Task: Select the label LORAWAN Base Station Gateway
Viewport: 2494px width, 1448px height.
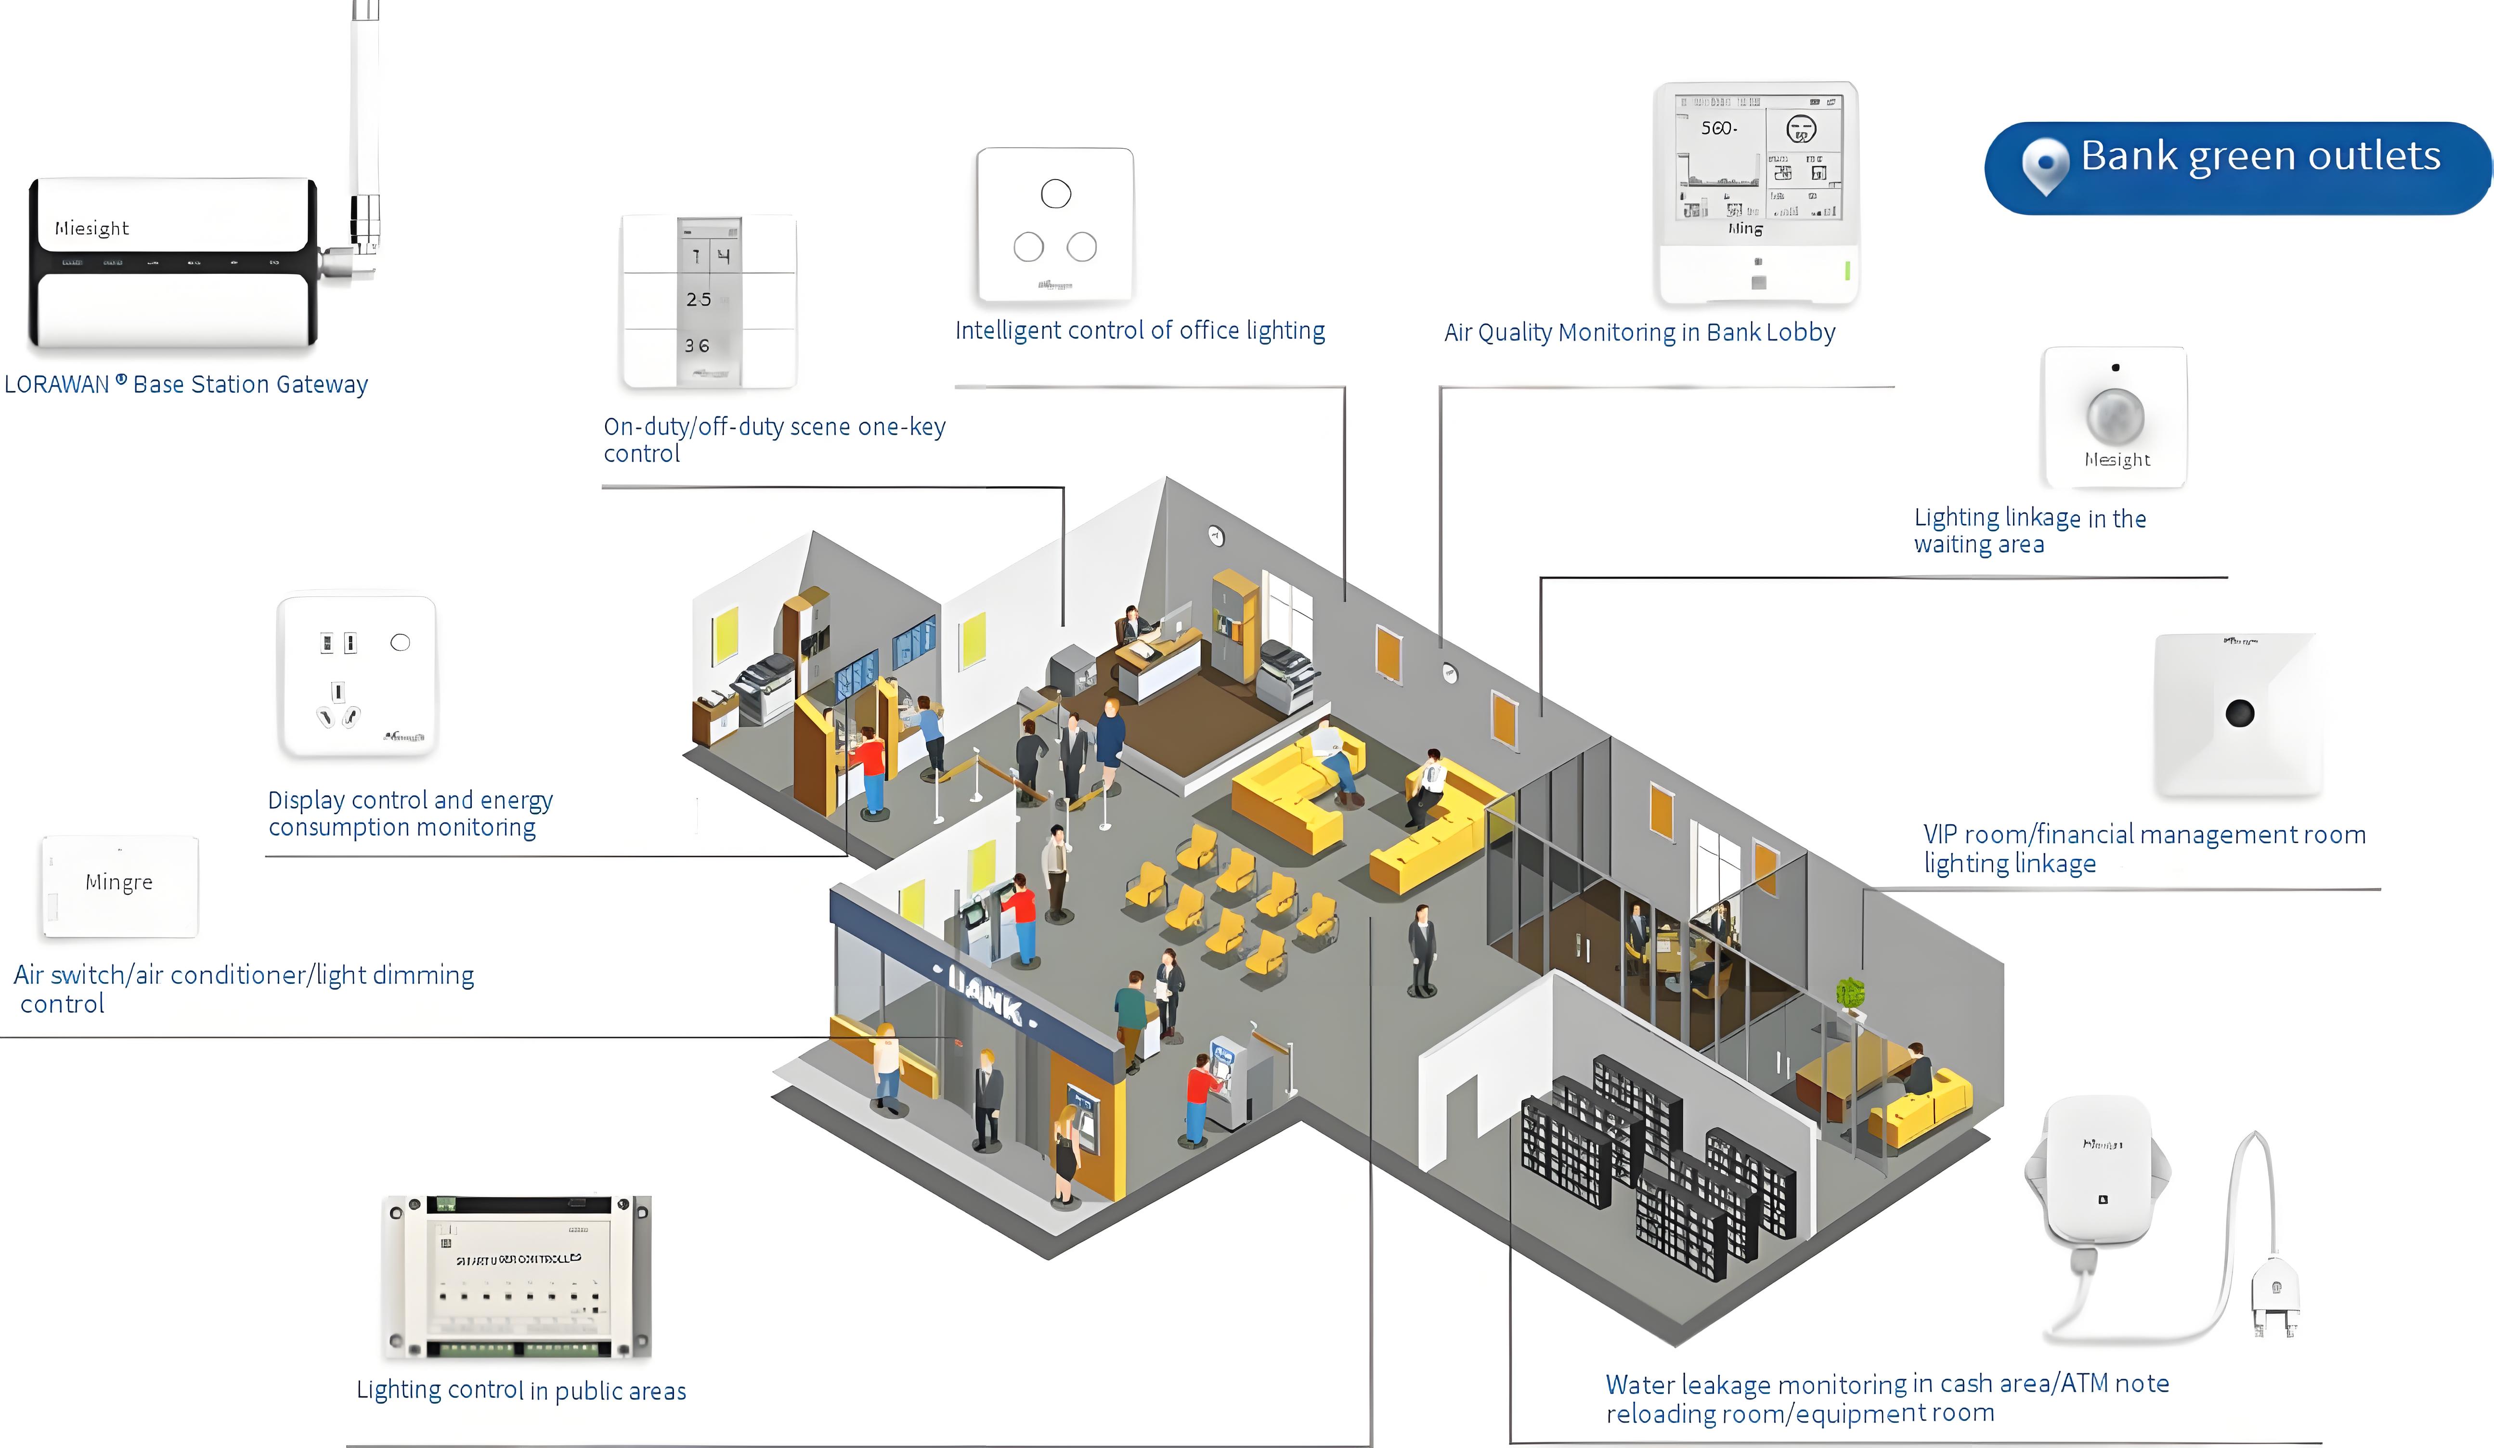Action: coord(186,384)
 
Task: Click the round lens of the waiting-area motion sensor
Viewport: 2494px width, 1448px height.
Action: coord(2115,416)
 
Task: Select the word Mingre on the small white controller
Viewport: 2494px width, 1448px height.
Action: coord(119,882)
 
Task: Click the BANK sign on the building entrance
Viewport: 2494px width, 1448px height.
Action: coord(985,993)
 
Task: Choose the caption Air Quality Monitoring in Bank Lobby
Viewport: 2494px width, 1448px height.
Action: coord(1639,333)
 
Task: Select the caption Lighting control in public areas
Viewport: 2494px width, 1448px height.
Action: coord(520,1391)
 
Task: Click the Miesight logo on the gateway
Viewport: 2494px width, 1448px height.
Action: coord(92,229)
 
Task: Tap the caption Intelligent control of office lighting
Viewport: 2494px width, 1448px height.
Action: coord(1139,331)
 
